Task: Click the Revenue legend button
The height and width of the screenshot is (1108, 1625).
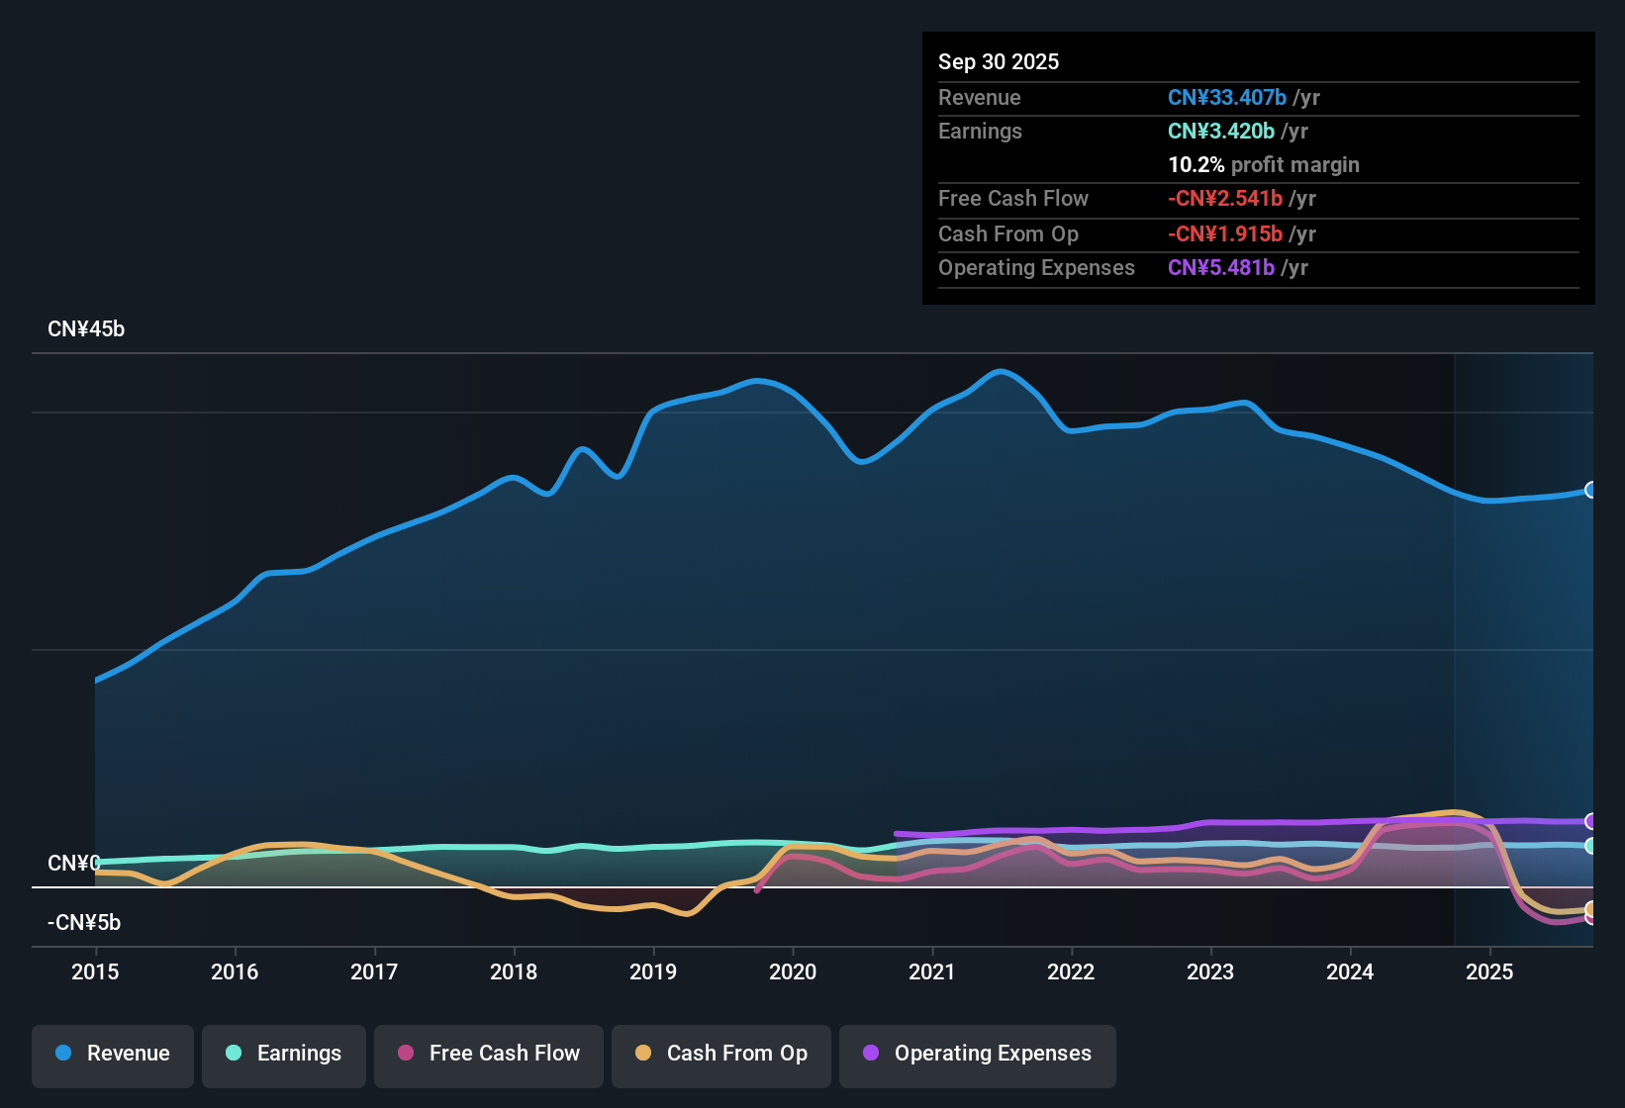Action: [x=113, y=1054]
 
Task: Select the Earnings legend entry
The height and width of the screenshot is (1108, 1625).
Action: [x=284, y=1054]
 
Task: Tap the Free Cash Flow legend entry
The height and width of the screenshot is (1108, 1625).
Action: [x=489, y=1054]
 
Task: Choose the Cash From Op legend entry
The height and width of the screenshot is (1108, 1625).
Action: [x=721, y=1054]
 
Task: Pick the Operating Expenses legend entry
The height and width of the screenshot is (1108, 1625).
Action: [x=978, y=1054]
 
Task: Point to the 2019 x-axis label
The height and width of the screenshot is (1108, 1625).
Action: [x=653, y=971]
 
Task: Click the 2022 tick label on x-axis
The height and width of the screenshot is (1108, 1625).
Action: [x=1071, y=971]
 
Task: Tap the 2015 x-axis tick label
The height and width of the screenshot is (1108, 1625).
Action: [x=95, y=971]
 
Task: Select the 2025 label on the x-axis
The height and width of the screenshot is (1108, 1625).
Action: [x=1489, y=971]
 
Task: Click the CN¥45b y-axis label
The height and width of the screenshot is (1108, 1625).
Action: [x=86, y=329]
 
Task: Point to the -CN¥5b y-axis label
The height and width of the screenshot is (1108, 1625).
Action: [x=84, y=923]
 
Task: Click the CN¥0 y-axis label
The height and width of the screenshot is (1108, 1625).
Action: [x=73, y=864]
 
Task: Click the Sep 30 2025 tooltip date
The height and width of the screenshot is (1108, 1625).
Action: [x=999, y=61]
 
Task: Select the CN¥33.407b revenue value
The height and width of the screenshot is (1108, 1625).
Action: [x=1227, y=97]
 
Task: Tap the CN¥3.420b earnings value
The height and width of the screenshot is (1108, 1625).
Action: [x=1221, y=131]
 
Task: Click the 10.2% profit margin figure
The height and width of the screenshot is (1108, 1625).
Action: [x=1196, y=164]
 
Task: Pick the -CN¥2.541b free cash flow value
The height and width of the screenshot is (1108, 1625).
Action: [x=1225, y=198]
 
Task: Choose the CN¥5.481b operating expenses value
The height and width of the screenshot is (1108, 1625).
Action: [x=1221, y=267]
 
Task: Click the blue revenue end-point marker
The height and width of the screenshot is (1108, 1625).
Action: [x=1590, y=490]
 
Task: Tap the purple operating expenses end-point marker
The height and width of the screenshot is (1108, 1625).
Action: [x=1590, y=821]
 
